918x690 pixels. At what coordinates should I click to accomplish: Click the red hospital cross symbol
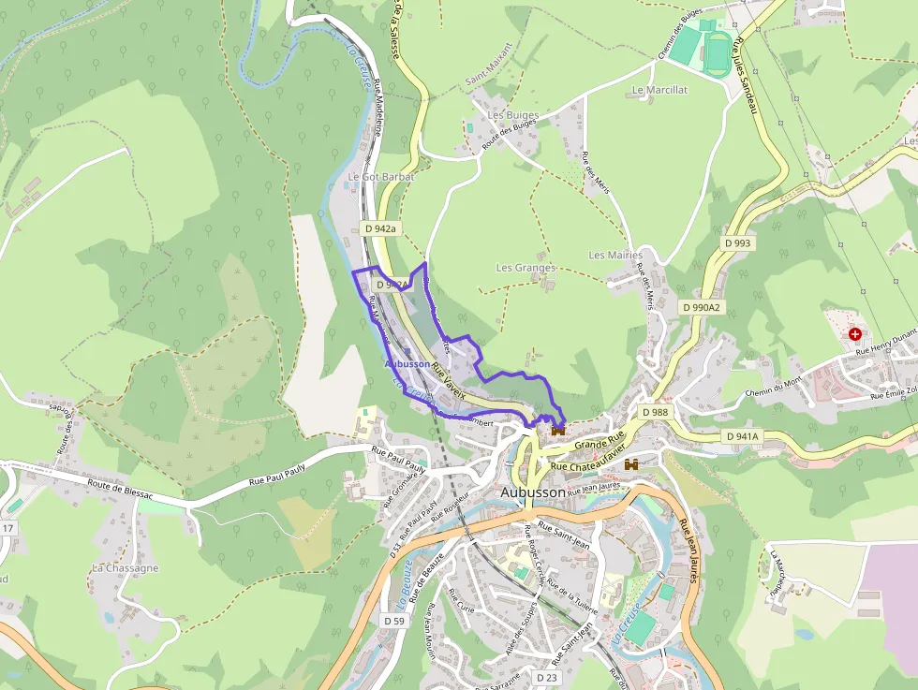coord(854,334)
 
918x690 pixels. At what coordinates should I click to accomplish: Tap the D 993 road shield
coord(737,242)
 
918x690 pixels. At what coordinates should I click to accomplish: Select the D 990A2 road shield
coord(702,307)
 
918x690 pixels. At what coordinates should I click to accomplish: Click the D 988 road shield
coord(656,412)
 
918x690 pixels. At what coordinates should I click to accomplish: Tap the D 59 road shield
coord(393,621)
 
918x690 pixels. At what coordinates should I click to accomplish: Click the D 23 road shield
coord(546,676)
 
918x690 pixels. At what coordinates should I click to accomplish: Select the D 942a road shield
coord(380,228)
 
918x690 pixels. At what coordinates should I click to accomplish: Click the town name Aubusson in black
coord(533,492)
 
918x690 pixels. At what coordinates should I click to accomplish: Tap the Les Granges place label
coord(525,268)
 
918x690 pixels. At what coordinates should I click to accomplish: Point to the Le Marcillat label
coord(659,90)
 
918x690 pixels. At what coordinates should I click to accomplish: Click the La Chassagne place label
coord(125,568)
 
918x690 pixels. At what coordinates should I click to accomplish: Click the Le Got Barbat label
coord(380,176)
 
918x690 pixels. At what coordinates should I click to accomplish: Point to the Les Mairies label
coord(615,255)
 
